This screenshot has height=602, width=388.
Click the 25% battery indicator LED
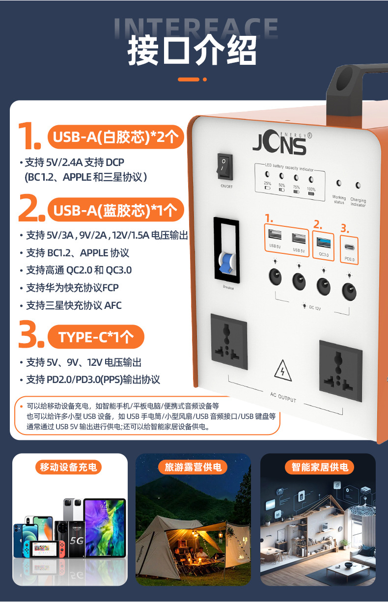point(267,174)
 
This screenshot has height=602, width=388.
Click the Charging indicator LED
point(358,186)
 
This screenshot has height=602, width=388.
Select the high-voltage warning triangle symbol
point(283,371)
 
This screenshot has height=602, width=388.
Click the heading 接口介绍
point(192,51)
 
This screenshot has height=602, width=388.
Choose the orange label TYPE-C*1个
point(96,337)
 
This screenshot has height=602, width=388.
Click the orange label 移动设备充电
point(68,467)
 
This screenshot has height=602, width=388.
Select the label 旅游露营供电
point(193,467)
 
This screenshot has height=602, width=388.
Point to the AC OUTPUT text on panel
point(283,397)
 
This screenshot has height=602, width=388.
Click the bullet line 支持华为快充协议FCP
point(72,287)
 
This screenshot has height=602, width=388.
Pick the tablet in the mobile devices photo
point(105,527)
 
